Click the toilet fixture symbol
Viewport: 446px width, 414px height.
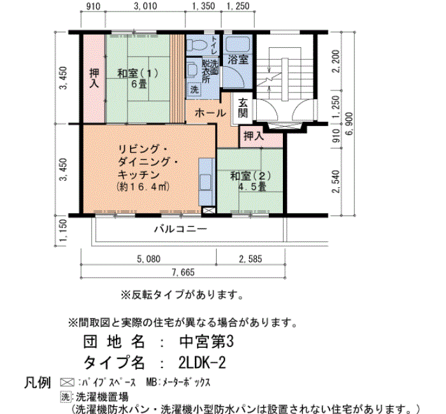[x=196, y=45]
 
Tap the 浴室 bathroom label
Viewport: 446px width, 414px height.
[x=238, y=60]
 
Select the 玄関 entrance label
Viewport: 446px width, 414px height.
[x=243, y=108]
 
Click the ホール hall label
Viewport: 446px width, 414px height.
[x=210, y=113]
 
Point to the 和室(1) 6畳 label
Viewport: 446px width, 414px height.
[x=138, y=78]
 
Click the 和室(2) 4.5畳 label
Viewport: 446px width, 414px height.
[x=250, y=181]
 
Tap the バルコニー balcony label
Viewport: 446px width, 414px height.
[x=180, y=229]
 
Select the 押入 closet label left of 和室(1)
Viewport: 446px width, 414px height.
[x=94, y=78]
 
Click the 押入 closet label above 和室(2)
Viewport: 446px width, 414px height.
[x=254, y=136]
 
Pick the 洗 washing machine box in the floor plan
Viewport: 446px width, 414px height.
[x=194, y=90]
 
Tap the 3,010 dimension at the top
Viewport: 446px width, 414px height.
[x=145, y=6]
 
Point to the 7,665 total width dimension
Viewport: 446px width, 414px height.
[x=183, y=272]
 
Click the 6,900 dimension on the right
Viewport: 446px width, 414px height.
[x=349, y=124]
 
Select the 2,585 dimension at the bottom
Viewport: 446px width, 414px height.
[x=250, y=259]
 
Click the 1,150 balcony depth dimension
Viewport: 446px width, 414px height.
[x=64, y=231]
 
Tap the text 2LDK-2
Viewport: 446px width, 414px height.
[x=202, y=362]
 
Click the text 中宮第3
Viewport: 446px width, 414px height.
[x=206, y=341]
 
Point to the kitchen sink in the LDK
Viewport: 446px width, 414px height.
[x=206, y=182]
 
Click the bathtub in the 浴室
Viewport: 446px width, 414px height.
[x=238, y=45]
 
